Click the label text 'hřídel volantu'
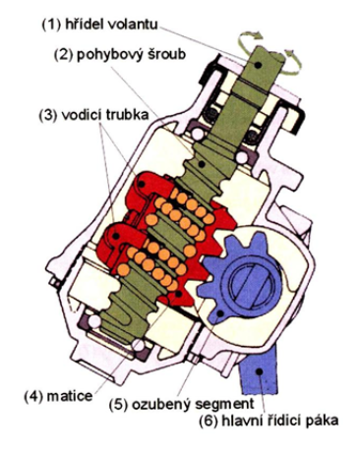pyautogui.click(x=111, y=25)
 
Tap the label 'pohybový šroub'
pyautogui.click(x=131, y=54)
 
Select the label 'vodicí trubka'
pyautogui.click(x=105, y=115)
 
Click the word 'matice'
pyautogui.click(x=70, y=396)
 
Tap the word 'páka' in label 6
pyautogui.click(x=323, y=420)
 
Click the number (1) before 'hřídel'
pyautogui.click(x=52, y=25)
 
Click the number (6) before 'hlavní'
pyautogui.click(x=209, y=421)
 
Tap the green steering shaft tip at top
pyautogui.click(x=265, y=62)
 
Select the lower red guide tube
pyautogui.click(x=120, y=244)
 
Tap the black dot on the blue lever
pyautogui.click(x=260, y=371)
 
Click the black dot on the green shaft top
pyautogui.click(x=259, y=65)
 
